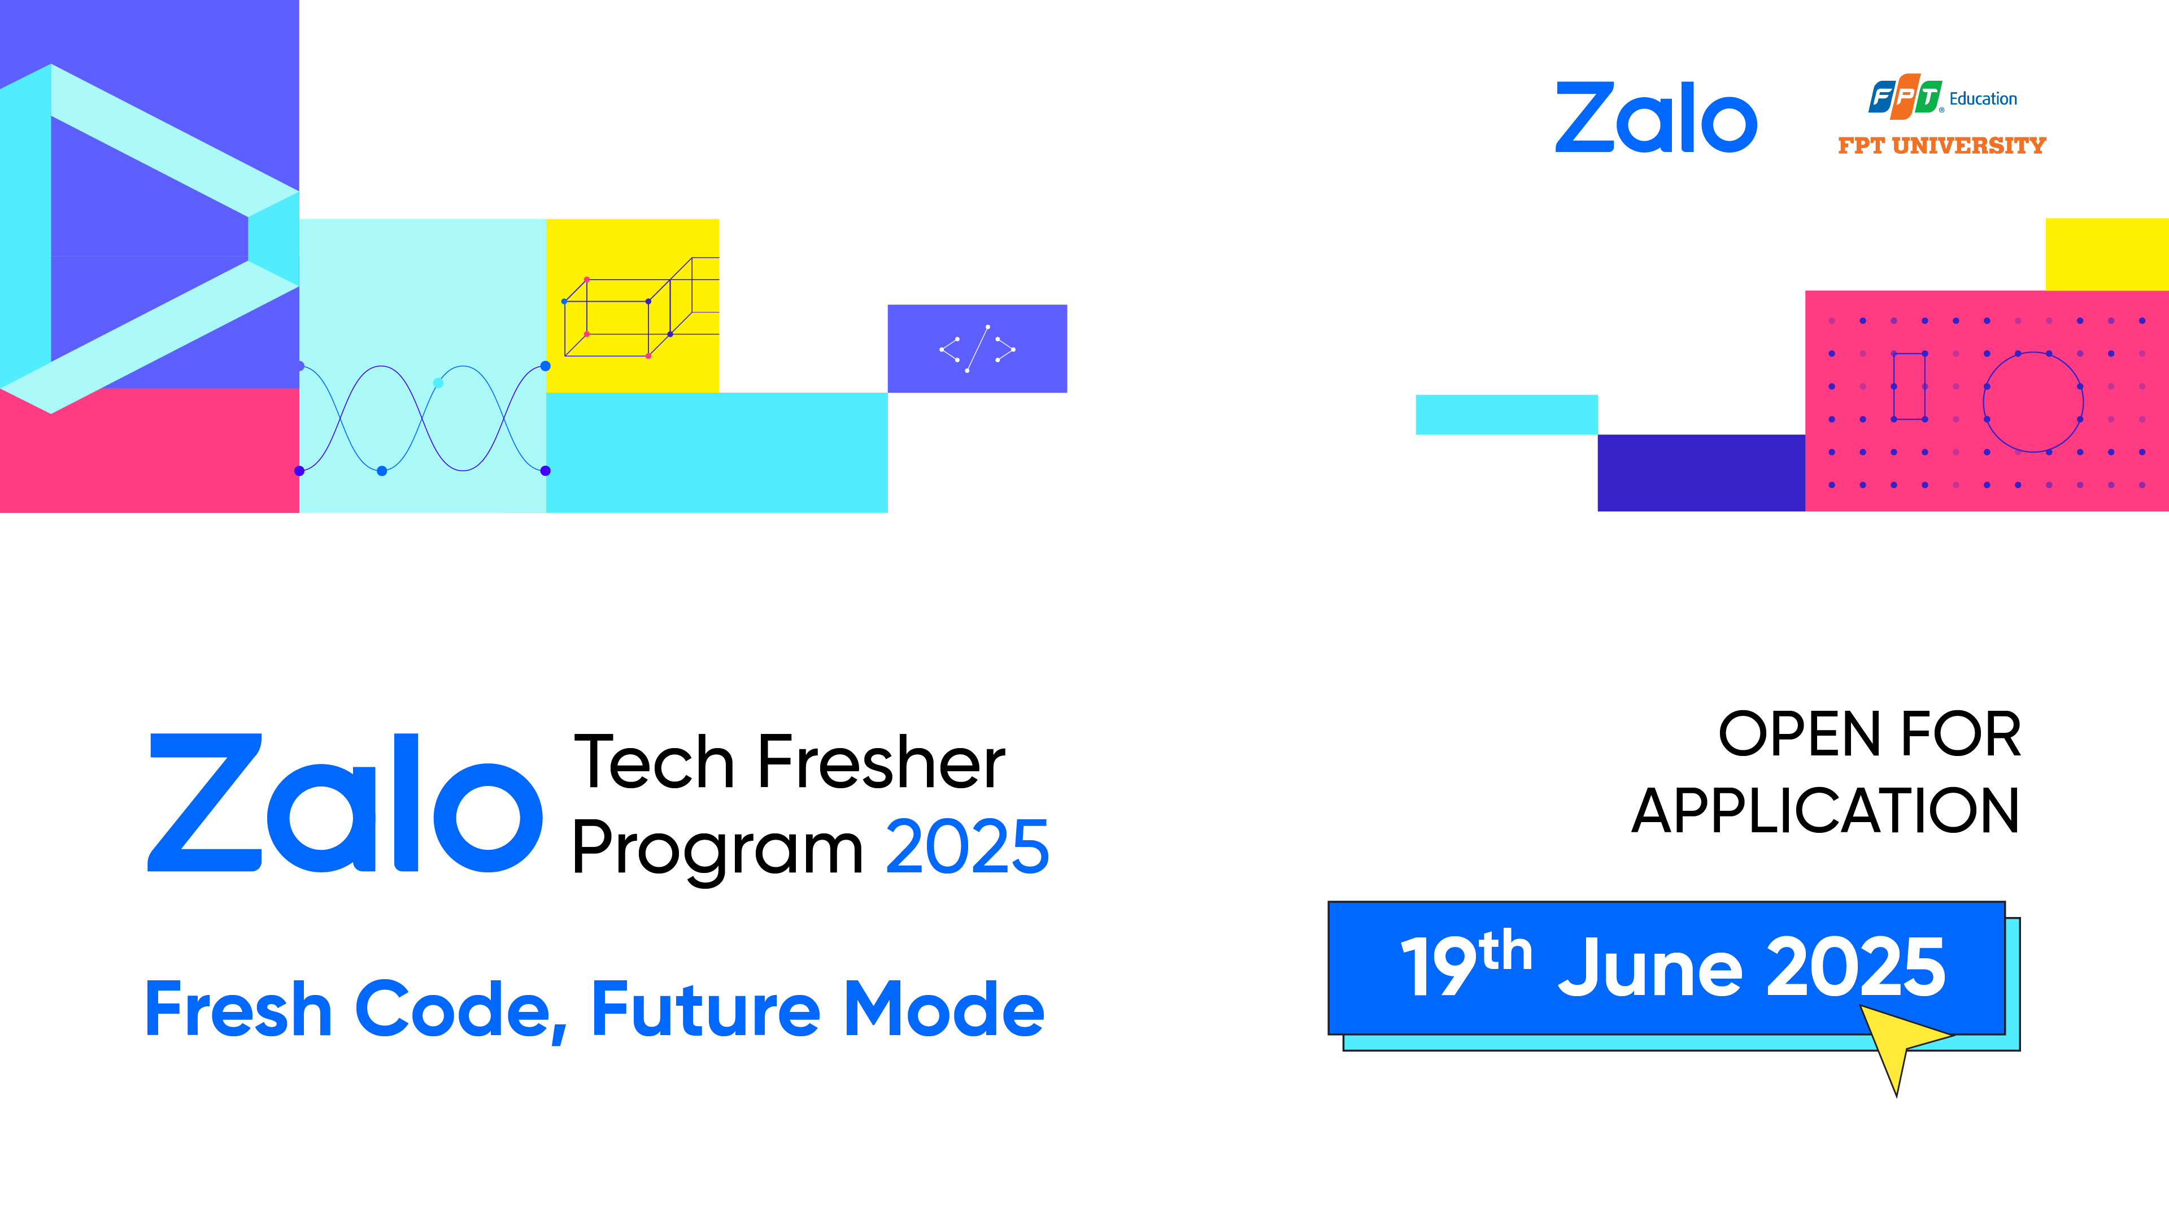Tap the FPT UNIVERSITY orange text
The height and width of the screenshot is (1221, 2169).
coord(1942,146)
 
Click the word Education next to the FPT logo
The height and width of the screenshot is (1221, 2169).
coord(1983,98)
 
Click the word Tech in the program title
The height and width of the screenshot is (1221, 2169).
coord(654,762)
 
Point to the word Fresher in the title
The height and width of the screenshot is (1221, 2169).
coord(882,762)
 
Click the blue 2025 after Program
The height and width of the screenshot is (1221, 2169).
coord(968,846)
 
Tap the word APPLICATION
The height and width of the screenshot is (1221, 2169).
coord(1826,811)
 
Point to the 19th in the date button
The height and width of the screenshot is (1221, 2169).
coord(1465,965)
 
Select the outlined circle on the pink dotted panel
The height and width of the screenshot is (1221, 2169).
coord(2033,402)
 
